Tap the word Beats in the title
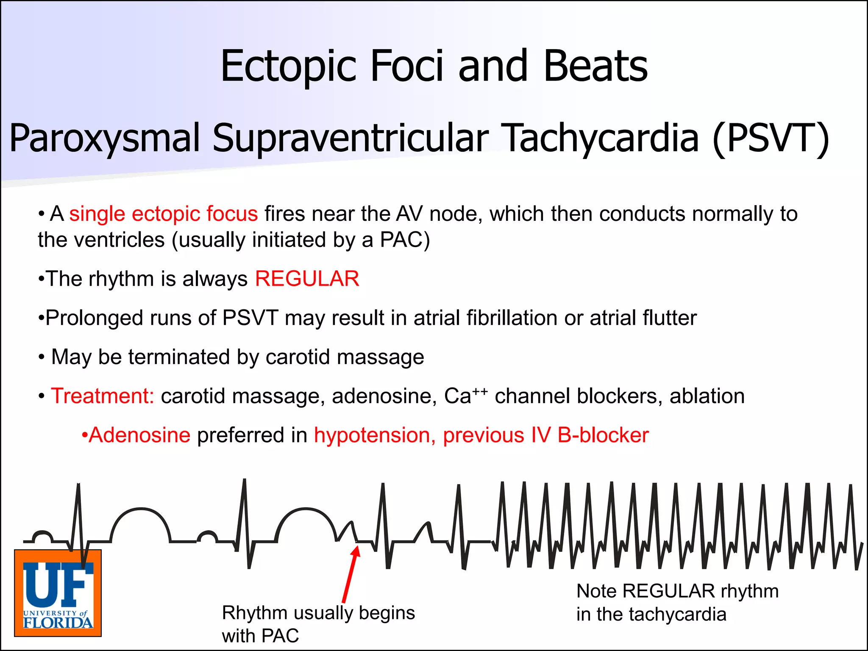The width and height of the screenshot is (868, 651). [595, 67]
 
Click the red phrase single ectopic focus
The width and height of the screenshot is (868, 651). [163, 214]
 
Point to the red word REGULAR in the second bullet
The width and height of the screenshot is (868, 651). [307, 279]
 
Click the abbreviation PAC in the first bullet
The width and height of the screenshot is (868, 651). [401, 240]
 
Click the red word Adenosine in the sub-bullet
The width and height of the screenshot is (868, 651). [139, 435]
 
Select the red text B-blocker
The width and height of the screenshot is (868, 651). [603, 435]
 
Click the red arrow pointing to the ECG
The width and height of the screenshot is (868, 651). [350, 574]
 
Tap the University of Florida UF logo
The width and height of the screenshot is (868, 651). [58, 593]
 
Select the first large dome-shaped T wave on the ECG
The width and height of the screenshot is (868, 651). [140, 519]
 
